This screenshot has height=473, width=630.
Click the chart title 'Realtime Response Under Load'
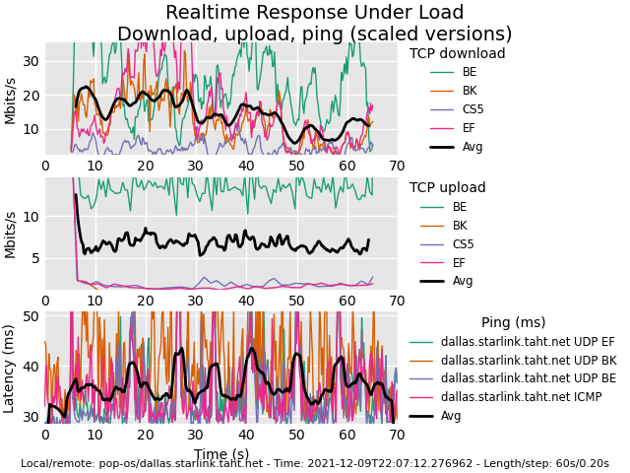tap(314, 13)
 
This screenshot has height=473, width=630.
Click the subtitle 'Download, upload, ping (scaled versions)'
tap(314, 34)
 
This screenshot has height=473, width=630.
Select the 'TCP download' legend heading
tap(457, 54)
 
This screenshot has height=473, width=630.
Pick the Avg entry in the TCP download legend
tap(472, 147)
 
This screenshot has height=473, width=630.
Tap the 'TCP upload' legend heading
tap(448, 188)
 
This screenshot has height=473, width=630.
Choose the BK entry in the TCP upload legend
tap(460, 226)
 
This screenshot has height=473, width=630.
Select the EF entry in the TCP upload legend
tap(460, 262)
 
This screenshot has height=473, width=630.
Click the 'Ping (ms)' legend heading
tap(513, 323)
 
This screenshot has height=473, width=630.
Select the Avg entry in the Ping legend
tap(451, 416)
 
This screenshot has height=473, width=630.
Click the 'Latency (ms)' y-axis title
tap(10, 368)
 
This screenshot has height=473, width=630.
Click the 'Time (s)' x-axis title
tap(220, 454)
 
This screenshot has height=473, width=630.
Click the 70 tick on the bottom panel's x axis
tap(397, 435)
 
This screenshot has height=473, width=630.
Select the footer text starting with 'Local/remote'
tap(314, 463)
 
